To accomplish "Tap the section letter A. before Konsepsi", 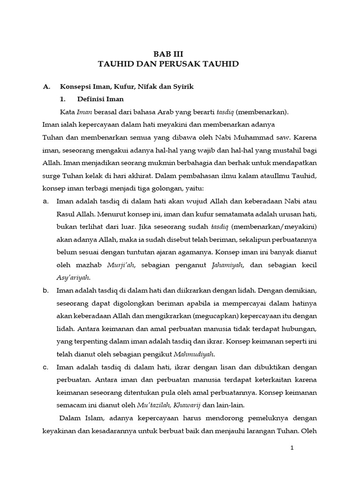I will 46,87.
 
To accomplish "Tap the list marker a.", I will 45,202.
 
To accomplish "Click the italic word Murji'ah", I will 121,265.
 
